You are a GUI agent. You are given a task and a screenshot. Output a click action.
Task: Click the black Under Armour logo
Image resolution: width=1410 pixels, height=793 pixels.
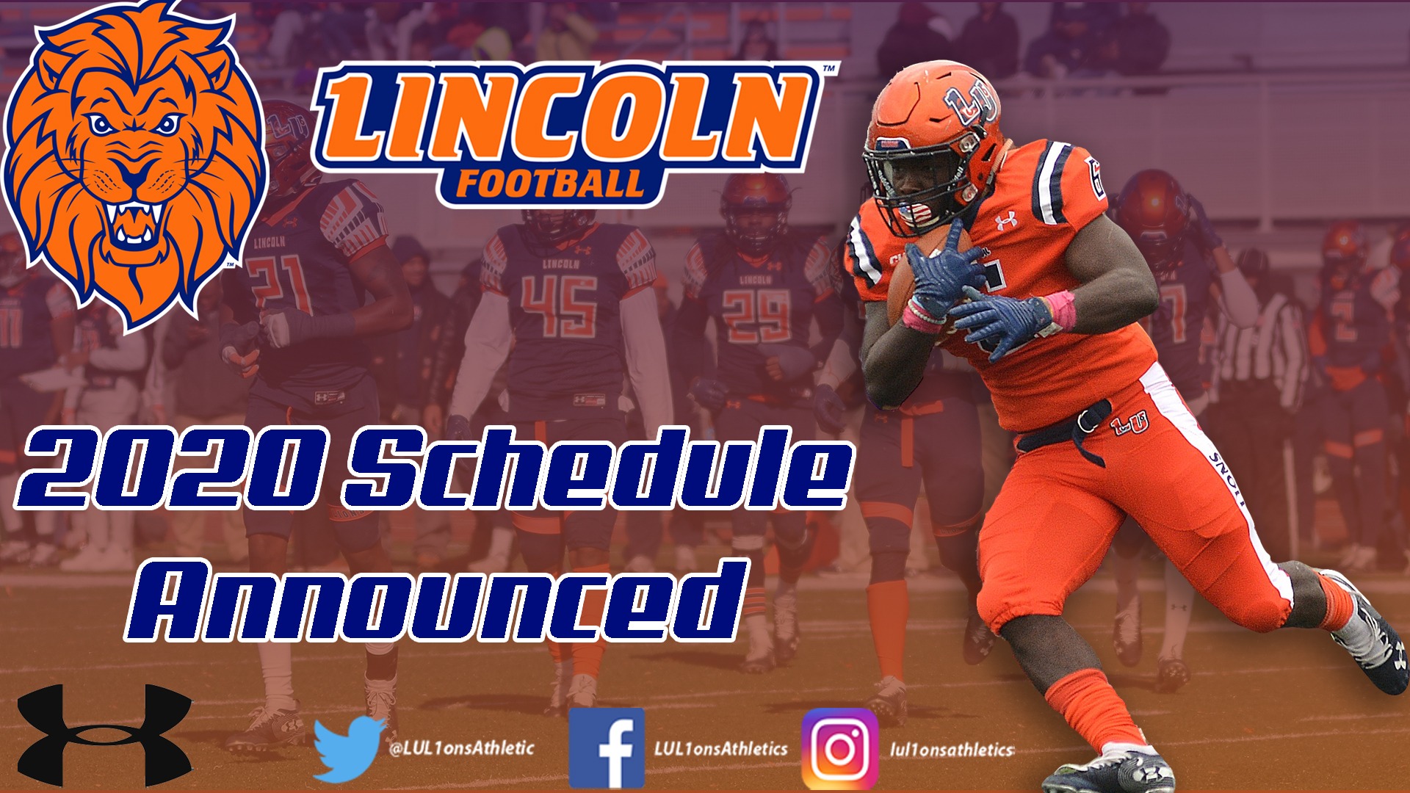click(x=104, y=734)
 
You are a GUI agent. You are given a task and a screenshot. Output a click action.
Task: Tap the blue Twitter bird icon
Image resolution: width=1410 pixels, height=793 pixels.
click(x=349, y=747)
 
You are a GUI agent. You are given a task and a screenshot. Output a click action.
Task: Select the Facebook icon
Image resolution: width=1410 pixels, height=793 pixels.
click(x=607, y=747)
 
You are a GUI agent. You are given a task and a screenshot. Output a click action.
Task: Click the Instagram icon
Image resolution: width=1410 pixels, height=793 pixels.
click(x=839, y=748)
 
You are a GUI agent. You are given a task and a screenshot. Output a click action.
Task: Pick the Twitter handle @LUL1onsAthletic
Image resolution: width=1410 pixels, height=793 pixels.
click(x=461, y=748)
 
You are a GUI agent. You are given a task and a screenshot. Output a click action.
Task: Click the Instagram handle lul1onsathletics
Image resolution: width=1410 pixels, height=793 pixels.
click(x=952, y=750)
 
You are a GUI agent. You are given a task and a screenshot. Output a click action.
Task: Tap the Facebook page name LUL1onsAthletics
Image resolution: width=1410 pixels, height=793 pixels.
click(x=720, y=749)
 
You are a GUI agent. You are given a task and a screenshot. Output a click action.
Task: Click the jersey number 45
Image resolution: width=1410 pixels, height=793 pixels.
click(x=559, y=307)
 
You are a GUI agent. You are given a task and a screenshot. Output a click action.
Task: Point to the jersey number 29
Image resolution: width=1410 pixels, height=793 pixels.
click(x=756, y=316)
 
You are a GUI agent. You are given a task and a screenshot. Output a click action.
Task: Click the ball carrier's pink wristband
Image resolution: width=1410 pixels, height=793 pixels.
click(x=1062, y=310)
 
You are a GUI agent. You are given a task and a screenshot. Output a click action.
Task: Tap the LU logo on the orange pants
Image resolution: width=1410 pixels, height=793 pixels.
click(x=1129, y=423)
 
